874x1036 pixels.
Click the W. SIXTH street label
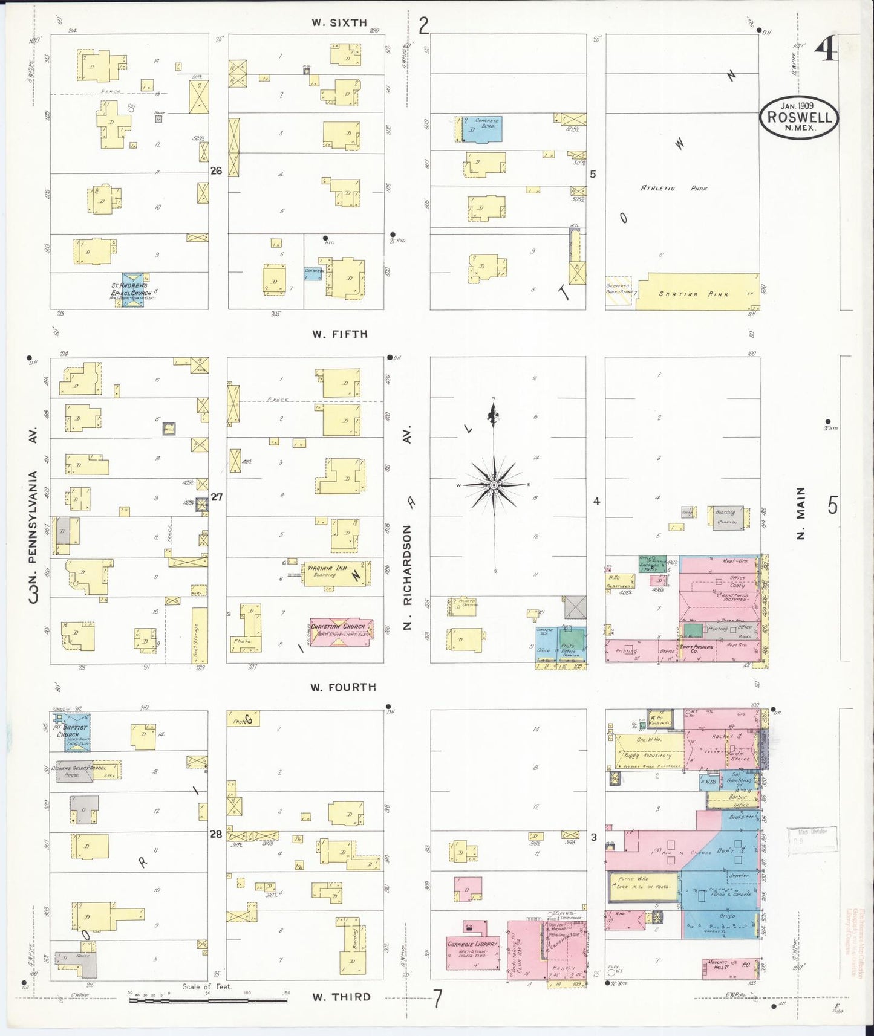point(339,23)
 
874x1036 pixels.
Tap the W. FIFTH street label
point(339,334)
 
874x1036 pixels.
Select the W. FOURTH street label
point(343,687)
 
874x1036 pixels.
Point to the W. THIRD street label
point(341,997)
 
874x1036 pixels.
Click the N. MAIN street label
point(801,513)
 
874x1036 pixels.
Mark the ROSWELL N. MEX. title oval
point(799,117)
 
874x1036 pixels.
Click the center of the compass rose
point(494,485)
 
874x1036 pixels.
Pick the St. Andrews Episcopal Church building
point(132,290)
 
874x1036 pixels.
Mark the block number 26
point(216,171)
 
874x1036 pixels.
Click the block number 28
point(216,835)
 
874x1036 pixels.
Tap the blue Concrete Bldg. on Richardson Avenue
point(481,129)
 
